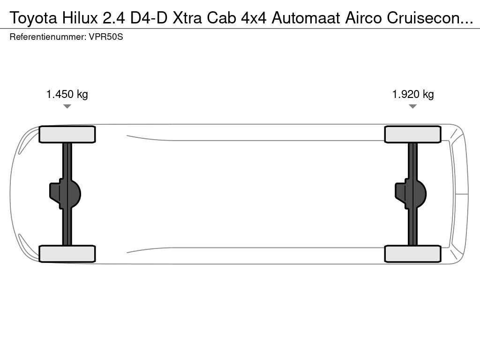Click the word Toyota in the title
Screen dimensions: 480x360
click(33, 18)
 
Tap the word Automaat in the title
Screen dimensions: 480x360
click(306, 18)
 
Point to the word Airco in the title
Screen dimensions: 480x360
click(364, 18)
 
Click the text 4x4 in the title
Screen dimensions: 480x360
click(254, 18)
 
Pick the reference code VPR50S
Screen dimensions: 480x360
click(106, 37)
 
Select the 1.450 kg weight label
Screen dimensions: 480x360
click(67, 94)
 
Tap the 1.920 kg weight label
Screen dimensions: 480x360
click(413, 94)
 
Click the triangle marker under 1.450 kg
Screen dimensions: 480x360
click(67, 106)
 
